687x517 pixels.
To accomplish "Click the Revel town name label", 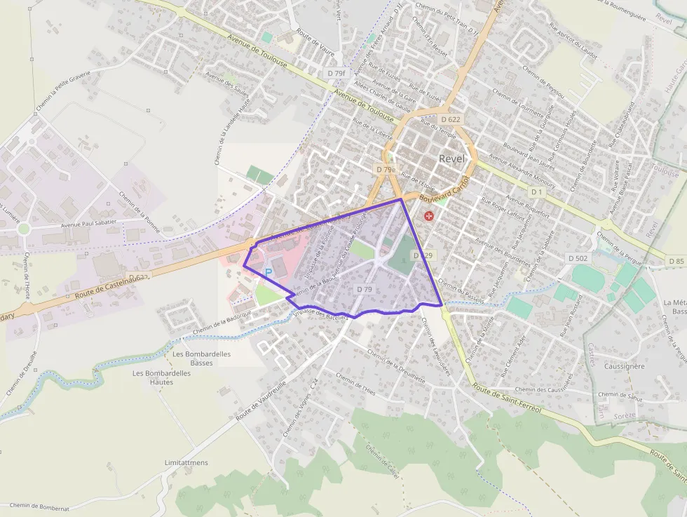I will click(452, 159).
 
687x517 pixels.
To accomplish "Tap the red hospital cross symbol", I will click(428, 218).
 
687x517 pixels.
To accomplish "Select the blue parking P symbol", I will click(268, 271).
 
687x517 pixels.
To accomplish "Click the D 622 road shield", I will click(451, 119).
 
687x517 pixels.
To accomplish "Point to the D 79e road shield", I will click(386, 169).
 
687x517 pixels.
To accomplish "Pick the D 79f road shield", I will click(336, 73).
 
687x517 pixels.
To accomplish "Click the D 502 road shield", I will click(578, 258).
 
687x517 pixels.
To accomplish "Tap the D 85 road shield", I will click(676, 261).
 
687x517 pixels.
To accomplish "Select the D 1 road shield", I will click(537, 192).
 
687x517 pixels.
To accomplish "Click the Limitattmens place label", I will click(186, 463).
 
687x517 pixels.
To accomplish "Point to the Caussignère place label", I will click(624, 366).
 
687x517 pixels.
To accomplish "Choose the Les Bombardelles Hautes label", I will click(162, 377).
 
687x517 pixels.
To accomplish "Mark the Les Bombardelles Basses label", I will click(202, 358).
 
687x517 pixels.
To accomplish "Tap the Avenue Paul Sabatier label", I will click(90, 225).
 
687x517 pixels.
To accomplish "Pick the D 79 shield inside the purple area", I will click(364, 289).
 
